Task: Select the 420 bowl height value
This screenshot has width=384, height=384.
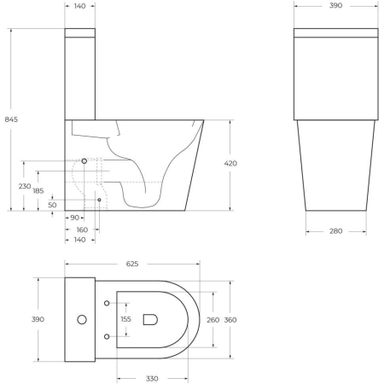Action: coord(231,163)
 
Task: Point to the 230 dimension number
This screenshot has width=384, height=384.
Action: coord(25,186)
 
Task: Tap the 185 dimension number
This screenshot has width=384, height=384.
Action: coord(39,191)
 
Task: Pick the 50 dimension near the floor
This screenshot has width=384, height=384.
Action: coord(52,205)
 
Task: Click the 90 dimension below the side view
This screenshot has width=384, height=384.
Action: coord(74,218)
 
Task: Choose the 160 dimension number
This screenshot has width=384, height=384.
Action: coord(81,230)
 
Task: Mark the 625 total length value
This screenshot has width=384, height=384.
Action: coord(132,265)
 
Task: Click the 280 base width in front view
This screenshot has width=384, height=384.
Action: coord(335,231)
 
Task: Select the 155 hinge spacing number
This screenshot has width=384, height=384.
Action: coord(125,319)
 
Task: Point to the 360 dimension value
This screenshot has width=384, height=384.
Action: coord(231,319)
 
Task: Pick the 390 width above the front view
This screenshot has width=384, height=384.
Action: coord(335,6)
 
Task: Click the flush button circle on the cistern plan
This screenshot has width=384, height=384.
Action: coord(82,320)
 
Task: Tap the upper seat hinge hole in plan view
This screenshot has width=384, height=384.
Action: coord(106,304)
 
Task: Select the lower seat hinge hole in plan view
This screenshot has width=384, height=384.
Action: coord(106,336)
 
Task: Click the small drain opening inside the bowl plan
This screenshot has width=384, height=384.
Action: coord(151,319)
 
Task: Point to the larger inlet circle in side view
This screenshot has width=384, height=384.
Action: coord(84,161)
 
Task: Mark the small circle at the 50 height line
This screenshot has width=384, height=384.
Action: coord(99,200)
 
